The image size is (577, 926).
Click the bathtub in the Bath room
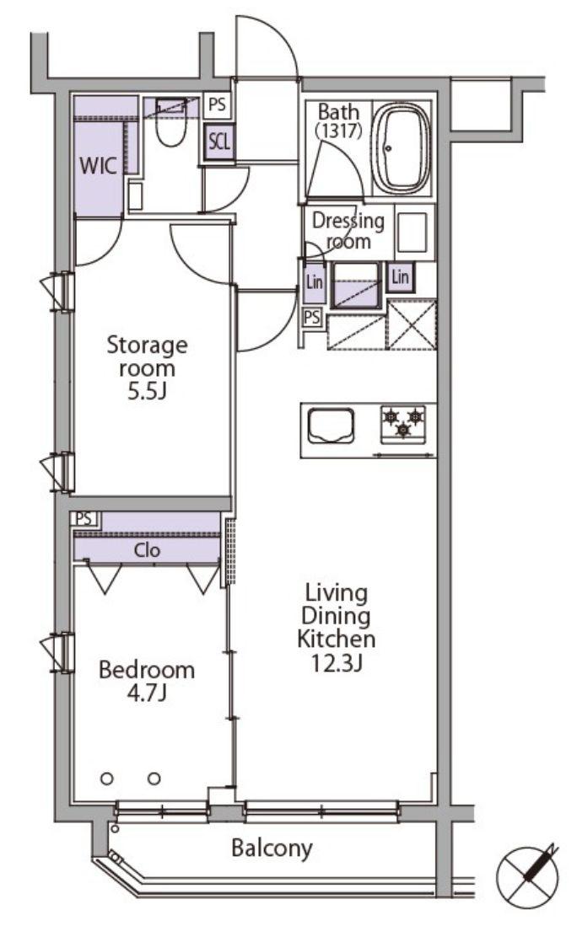(402, 148)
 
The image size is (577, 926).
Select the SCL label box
(219, 142)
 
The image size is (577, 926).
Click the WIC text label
(98, 166)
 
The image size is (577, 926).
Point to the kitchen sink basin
(332, 426)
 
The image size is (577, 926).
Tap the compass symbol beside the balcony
(528, 875)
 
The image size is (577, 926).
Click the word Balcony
(272, 848)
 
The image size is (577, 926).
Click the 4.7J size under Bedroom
(147, 693)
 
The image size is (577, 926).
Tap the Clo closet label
(147, 550)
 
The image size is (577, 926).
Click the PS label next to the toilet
(217, 105)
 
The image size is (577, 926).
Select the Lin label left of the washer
(314, 281)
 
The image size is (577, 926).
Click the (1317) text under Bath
(338, 130)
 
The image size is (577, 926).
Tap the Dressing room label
(348, 230)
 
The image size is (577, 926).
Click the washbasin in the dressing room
(412, 232)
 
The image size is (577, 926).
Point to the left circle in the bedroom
(107, 779)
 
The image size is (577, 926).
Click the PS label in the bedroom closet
(84, 519)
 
